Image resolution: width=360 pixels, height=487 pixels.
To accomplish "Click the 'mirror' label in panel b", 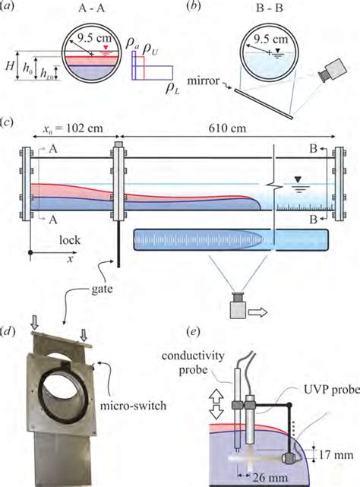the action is pyautogui.click(x=203, y=81).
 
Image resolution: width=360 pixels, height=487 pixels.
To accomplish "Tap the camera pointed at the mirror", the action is pyautogui.click(x=332, y=71).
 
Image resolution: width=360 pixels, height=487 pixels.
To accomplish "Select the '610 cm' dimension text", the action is pyautogui.click(x=227, y=128).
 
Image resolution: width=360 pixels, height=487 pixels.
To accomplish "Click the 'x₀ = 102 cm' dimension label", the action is pyautogui.click(x=72, y=128).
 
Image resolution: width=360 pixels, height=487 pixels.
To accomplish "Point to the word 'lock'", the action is pyautogui.click(x=70, y=240).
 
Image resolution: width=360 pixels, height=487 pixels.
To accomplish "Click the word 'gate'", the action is pyautogui.click(x=103, y=289).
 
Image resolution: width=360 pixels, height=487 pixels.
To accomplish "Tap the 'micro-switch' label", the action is pyautogui.click(x=133, y=405).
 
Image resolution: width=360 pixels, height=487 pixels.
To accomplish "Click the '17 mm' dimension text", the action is pyautogui.click(x=336, y=455).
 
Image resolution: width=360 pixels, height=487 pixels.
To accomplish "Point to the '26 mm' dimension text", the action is pyautogui.click(x=270, y=477).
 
